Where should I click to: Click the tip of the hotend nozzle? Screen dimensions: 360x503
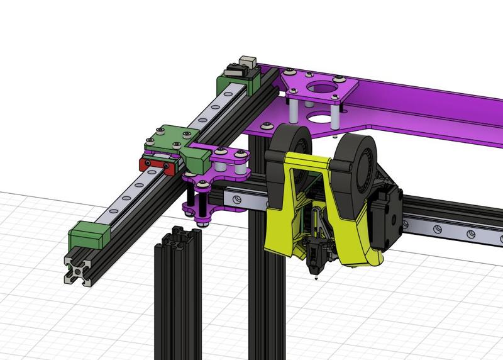pyautogui.click(x=313, y=275)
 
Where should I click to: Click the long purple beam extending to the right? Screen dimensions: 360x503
pyautogui.click(x=428, y=107)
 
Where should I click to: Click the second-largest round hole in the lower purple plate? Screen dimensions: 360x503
pyautogui.click(x=320, y=116)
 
